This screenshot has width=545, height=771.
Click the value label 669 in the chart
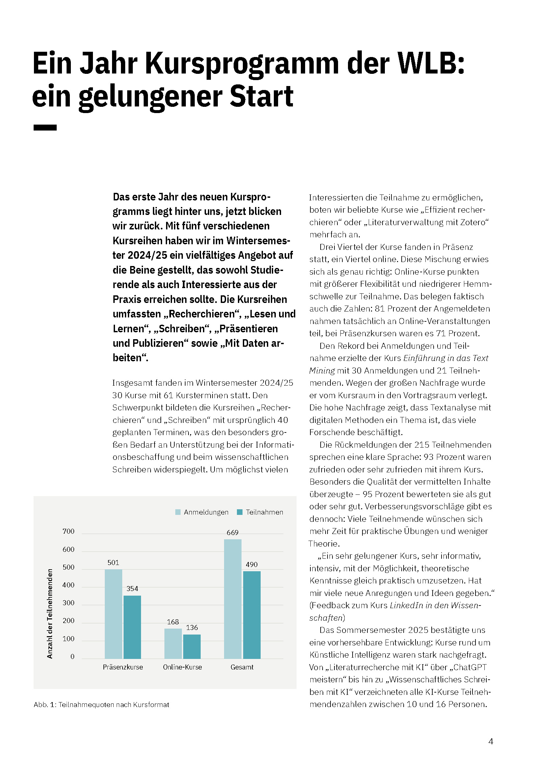(233, 533)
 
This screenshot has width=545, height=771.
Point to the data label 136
(192, 628)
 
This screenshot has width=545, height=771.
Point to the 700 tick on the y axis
(69, 531)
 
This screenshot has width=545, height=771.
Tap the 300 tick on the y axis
(69, 603)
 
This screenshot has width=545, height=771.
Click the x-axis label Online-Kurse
(182, 667)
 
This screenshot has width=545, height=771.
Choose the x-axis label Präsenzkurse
(123, 667)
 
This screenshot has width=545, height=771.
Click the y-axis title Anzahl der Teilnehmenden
(50, 613)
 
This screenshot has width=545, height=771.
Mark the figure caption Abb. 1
(101, 704)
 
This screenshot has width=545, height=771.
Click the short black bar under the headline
(45, 128)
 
